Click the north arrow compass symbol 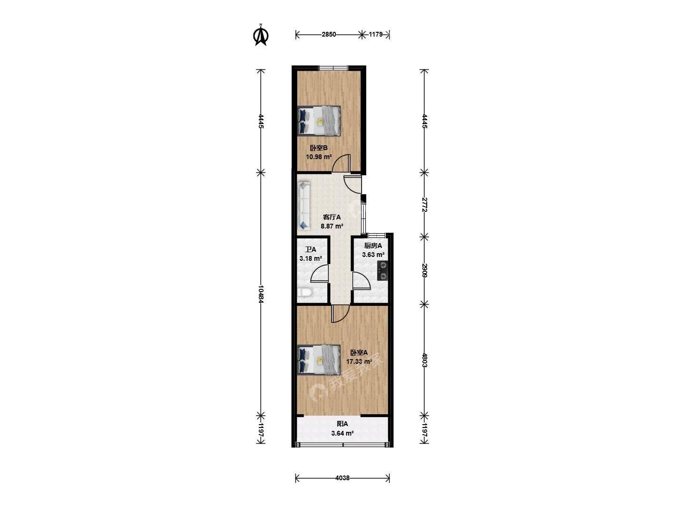[261, 35]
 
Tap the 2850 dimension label [329, 35]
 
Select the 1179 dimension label [375, 35]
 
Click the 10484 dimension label [261, 294]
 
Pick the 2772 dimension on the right [424, 204]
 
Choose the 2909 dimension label [424, 270]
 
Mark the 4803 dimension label [424, 360]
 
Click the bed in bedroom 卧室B [319, 121]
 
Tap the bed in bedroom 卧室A [319, 360]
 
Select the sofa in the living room [85, 207]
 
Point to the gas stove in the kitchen [383, 271]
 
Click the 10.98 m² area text [319, 157]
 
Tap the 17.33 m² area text [359, 361]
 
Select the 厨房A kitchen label [373, 246]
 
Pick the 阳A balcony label [342, 424]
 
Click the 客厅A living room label [332, 217]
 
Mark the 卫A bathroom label [311, 249]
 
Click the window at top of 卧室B [333, 68]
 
